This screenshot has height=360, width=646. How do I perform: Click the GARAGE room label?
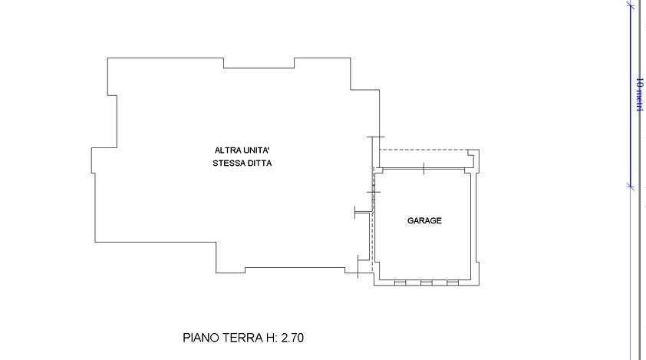pyautogui.click(x=424, y=221)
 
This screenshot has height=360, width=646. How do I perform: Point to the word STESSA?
pyautogui.click(x=228, y=163)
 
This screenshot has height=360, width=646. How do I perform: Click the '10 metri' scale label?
pyautogui.click(x=639, y=94)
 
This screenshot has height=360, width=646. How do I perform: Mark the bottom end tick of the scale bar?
pyautogui.click(x=631, y=185)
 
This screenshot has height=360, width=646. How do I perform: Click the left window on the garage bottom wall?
pyautogui.click(x=400, y=283)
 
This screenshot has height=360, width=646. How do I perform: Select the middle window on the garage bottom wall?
pyautogui.click(x=426, y=283)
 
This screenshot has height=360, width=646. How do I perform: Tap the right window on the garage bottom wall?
pyautogui.click(x=452, y=283)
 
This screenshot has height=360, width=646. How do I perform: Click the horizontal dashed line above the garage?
pyautogui.click(x=426, y=150)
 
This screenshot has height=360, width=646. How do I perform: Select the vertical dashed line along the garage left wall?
pyautogui.click(x=372, y=223)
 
